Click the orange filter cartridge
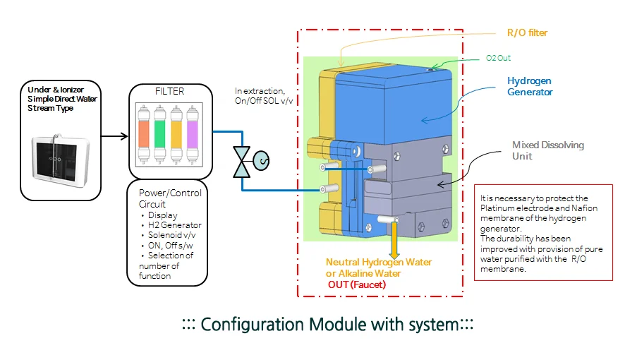point(142,134)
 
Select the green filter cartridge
point(159,134)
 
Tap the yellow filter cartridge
point(176,134)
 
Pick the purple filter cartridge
point(193,134)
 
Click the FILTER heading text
point(169,92)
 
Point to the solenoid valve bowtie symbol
point(243,161)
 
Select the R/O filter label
point(527,32)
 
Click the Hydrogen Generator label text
point(530,86)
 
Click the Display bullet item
point(163,215)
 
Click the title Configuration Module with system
point(327,325)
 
